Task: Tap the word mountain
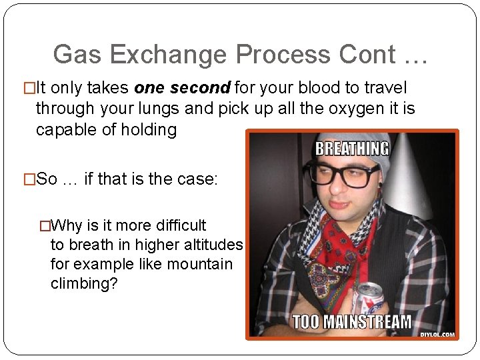[200, 264]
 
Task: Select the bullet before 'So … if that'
[29, 179]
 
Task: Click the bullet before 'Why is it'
[44, 225]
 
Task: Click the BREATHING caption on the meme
[352, 147]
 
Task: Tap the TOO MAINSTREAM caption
[352, 322]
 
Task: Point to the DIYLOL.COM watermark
[437, 334]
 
